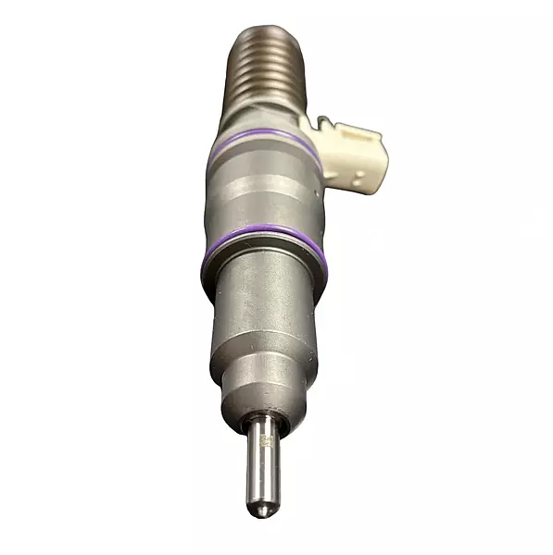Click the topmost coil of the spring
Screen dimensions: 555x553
coord(263,34)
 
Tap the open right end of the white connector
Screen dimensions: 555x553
coord(380,157)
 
